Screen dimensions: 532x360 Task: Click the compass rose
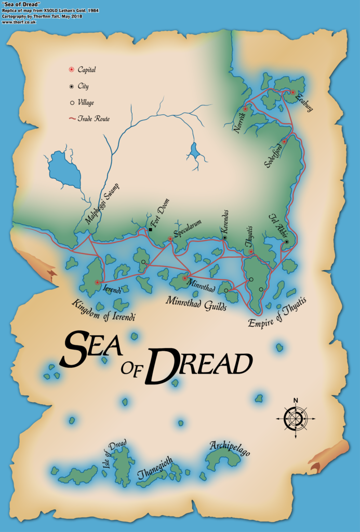pyautogui.click(x=295, y=417)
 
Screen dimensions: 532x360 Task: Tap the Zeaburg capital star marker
pyautogui.click(x=293, y=92)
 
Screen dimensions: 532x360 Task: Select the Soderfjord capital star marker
pyautogui.click(x=284, y=141)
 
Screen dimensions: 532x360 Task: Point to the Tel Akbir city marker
pyautogui.click(x=286, y=242)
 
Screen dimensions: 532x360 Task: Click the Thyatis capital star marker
pyautogui.click(x=251, y=252)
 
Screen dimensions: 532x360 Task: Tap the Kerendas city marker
pyautogui.click(x=225, y=238)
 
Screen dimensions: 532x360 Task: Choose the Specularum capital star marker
pyautogui.click(x=170, y=239)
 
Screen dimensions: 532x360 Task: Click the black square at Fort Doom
pyautogui.click(x=150, y=230)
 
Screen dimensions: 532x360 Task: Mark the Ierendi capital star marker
pyautogui.click(x=98, y=282)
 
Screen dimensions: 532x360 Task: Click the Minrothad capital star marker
pyautogui.click(x=185, y=278)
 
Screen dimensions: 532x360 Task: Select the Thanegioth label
pyautogui.click(x=155, y=468)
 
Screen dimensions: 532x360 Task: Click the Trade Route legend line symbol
pyautogui.click(x=72, y=118)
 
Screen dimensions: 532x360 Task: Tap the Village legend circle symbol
pyautogui.click(x=72, y=103)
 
